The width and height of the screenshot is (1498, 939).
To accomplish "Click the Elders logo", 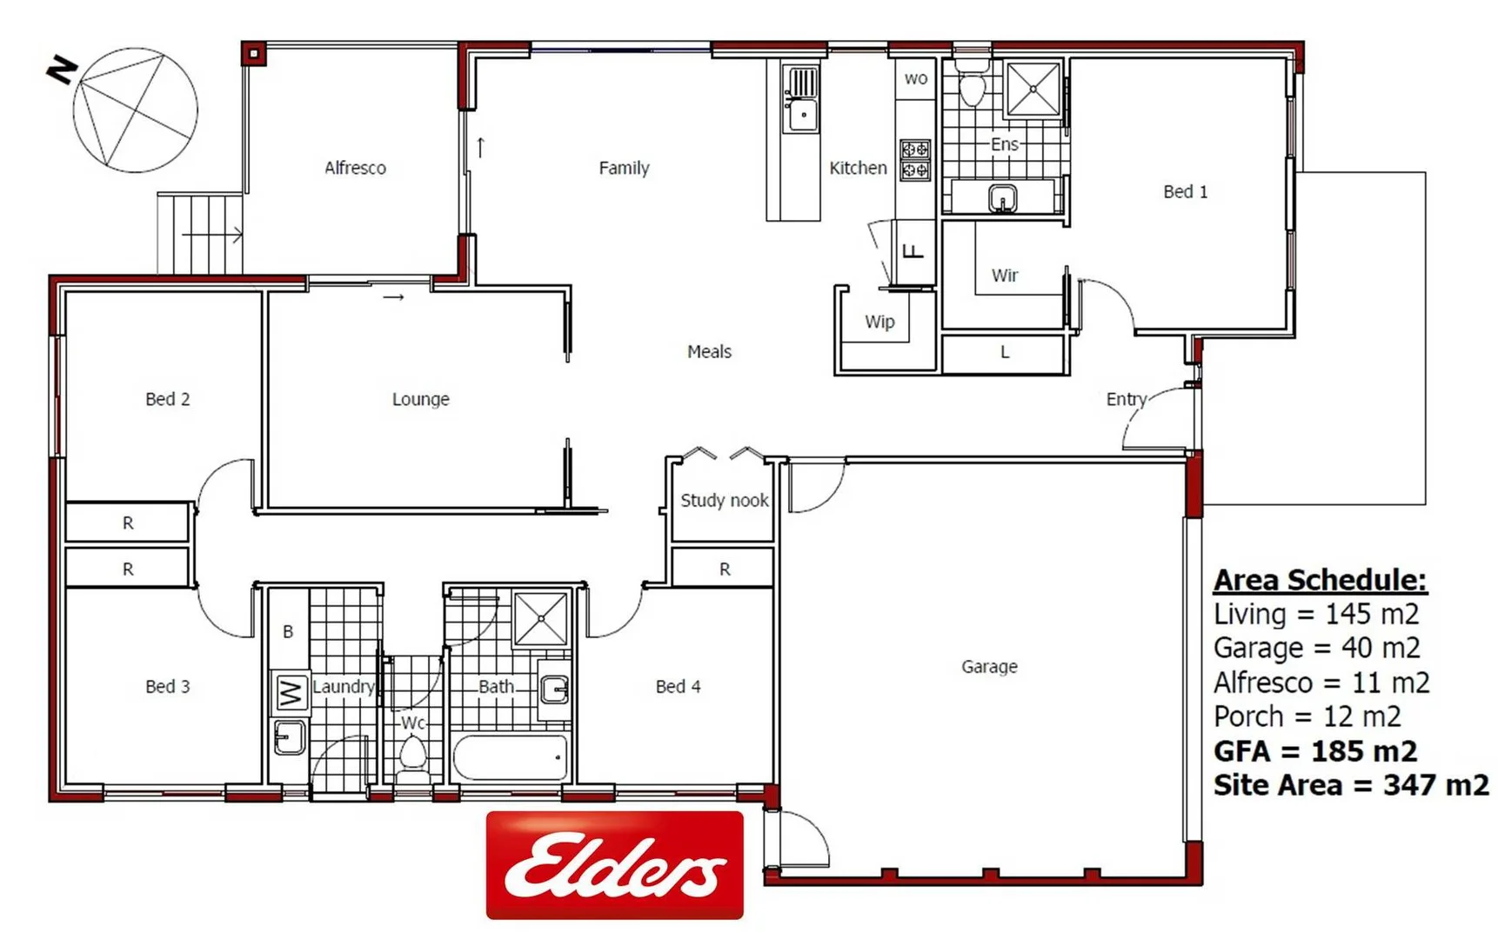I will click(614, 864).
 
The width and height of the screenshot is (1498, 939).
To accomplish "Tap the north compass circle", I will click(135, 110).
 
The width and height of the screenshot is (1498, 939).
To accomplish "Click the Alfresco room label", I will click(355, 168).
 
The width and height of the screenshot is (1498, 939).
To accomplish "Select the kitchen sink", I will click(801, 114).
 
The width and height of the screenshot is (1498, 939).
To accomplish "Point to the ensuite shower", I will click(1033, 88).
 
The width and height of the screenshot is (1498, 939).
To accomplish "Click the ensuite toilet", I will click(972, 83).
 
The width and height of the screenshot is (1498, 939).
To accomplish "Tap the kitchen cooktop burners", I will click(914, 159).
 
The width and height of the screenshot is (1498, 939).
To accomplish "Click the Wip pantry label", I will click(879, 322).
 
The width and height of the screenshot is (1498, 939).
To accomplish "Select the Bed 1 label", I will click(1185, 192).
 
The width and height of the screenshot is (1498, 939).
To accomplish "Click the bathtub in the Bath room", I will click(510, 756).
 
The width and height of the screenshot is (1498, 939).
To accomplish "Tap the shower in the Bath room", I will click(540, 618).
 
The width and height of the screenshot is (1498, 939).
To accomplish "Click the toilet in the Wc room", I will click(412, 753).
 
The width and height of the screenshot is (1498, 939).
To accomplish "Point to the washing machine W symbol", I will click(291, 693).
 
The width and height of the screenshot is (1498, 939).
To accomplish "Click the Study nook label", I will click(724, 500).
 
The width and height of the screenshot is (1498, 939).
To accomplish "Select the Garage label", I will click(989, 667).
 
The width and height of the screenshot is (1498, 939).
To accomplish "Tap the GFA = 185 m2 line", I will click(1314, 750).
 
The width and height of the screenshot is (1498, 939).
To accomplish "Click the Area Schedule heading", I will click(1319, 580).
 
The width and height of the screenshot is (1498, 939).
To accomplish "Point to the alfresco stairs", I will click(200, 234).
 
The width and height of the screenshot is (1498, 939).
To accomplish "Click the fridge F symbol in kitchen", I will click(913, 252).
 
